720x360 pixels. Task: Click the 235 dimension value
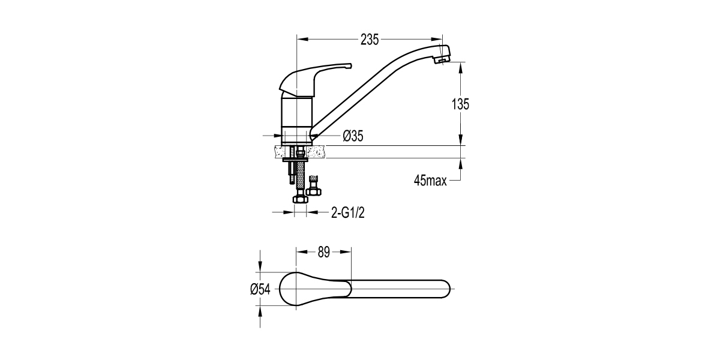(370, 40)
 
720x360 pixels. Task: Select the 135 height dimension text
(460, 104)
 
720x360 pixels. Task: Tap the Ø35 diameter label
(353, 136)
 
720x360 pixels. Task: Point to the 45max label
(430, 181)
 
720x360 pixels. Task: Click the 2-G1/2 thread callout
(348, 213)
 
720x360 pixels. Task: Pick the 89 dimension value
(323, 253)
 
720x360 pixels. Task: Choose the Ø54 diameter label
(260, 290)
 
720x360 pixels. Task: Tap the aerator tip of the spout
(442, 60)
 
